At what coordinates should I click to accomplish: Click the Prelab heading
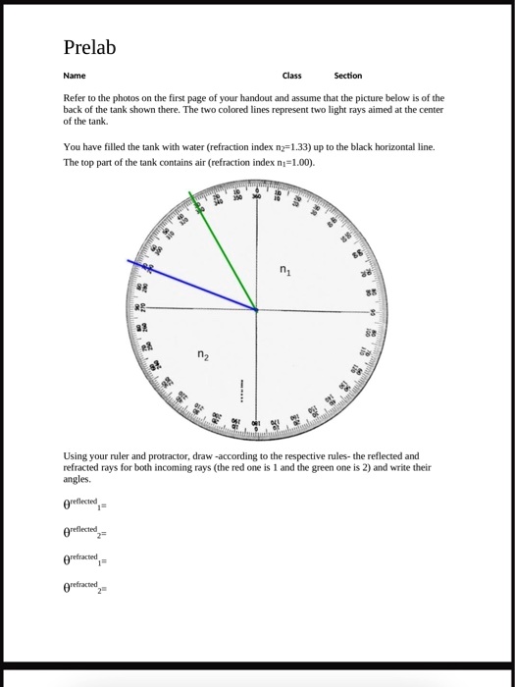click(91, 46)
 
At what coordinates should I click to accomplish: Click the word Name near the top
click(74, 76)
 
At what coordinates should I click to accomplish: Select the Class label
click(292, 76)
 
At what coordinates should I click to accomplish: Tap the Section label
click(347, 76)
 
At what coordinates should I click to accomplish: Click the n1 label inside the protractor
click(285, 270)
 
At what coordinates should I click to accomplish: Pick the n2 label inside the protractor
click(204, 354)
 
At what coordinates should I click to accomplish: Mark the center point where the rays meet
click(257, 310)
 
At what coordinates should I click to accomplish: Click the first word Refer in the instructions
click(75, 98)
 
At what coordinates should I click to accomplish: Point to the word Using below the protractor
click(77, 456)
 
